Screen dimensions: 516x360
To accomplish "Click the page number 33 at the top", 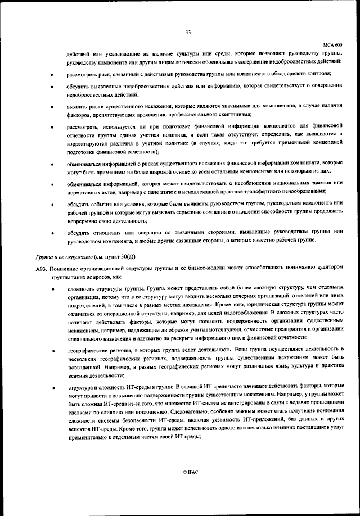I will pos(188,31).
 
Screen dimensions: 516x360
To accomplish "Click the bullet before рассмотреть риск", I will pos(52,75).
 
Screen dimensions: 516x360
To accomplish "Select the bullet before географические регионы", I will pos(52,350).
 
